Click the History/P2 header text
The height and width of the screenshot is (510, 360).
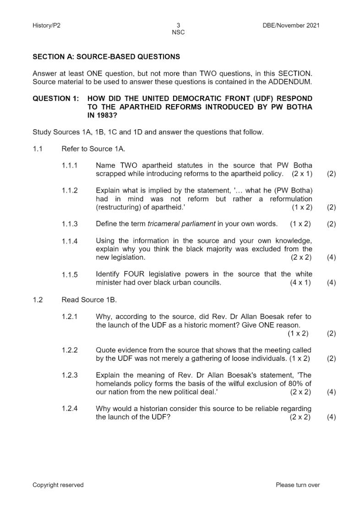click(46, 26)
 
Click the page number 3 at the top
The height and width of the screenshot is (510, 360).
click(178, 26)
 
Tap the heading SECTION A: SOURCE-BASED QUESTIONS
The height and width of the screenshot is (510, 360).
click(106, 57)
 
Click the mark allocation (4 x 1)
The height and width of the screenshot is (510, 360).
click(300, 283)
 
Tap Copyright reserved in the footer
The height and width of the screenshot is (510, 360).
click(58, 485)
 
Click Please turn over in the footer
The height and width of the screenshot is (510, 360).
click(298, 485)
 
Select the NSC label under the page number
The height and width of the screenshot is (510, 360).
click(178, 32)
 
